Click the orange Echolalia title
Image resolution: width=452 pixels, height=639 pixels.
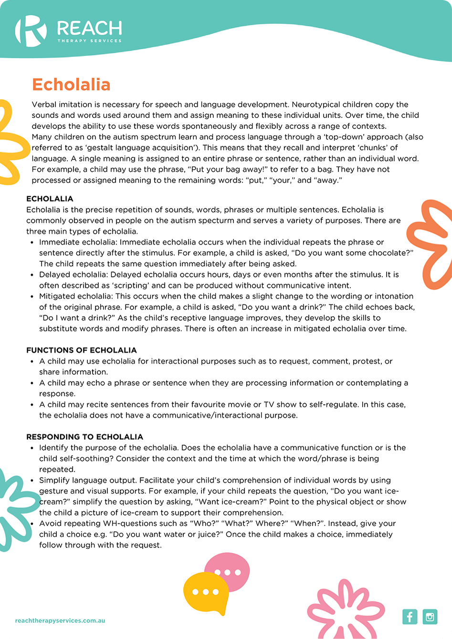(71, 84)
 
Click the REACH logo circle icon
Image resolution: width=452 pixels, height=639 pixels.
(30, 31)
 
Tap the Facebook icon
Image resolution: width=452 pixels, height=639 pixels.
(410, 617)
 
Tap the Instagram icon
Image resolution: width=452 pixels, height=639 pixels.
(430, 617)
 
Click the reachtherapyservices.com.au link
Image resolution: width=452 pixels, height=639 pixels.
(60, 620)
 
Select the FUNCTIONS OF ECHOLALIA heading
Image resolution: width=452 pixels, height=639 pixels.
(82, 350)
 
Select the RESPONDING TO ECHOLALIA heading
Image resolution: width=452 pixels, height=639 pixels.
(84, 437)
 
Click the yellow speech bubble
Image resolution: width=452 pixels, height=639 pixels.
(205, 593)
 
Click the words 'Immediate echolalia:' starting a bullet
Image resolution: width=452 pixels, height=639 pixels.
(78, 242)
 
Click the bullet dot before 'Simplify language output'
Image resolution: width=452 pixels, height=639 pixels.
(32, 481)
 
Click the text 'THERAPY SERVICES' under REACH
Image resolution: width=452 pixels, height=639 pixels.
(89, 41)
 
